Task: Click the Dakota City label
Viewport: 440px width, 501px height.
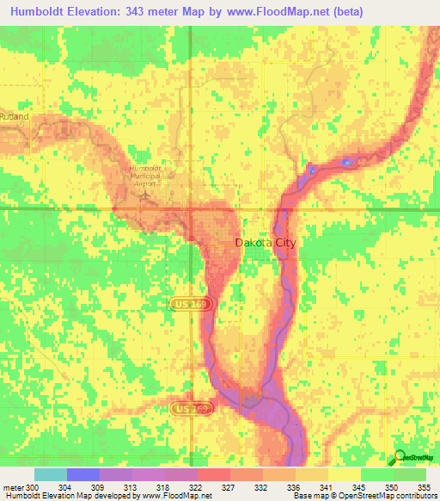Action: (x=265, y=244)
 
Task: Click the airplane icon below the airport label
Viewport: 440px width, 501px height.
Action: (x=146, y=194)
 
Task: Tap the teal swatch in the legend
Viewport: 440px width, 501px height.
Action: (x=50, y=474)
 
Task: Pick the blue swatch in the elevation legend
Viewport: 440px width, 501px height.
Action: (x=82, y=474)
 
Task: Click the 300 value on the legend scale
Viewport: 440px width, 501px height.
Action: (x=33, y=487)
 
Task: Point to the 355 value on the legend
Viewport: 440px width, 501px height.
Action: (x=424, y=487)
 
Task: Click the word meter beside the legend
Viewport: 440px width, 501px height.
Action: (x=13, y=487)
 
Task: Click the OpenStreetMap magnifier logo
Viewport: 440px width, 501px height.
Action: (x=400, y=457)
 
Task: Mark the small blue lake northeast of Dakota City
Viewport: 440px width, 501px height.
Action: (x=346, y=161)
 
